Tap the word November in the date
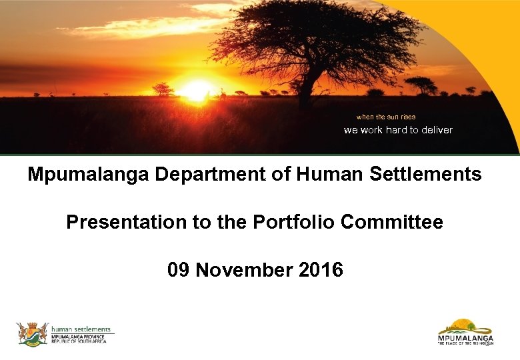[245, 270]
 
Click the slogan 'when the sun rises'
[385, 117]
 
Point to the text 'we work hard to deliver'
[398, 130]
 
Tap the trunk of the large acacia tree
[305, 93]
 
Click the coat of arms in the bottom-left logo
[32, 333]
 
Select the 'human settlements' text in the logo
[81, 329]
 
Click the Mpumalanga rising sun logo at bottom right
[465, 332]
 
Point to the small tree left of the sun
[162, 88]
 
